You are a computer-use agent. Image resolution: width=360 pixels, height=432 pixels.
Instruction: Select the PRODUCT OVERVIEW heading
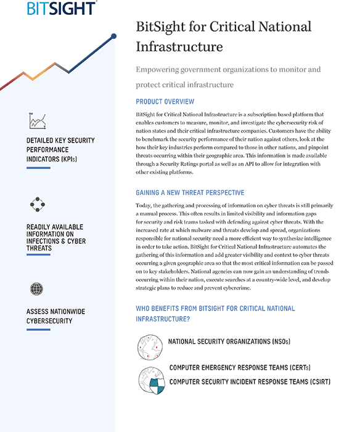click(165, 102)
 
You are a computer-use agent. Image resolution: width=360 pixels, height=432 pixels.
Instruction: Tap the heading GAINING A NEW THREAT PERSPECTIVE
click(190, 193)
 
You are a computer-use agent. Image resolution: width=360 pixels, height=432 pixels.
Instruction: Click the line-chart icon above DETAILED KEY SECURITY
click(38, 121)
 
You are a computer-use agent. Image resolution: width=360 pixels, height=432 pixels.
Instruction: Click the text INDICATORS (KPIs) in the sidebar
click(52, 159)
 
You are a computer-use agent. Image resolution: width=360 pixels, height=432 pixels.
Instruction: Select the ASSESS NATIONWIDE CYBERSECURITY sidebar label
click(60, 316)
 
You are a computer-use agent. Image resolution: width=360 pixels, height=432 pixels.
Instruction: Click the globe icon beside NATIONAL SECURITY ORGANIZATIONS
click(150, 347)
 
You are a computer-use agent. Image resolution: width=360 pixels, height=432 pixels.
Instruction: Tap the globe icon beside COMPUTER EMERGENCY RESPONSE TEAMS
click(151, 380)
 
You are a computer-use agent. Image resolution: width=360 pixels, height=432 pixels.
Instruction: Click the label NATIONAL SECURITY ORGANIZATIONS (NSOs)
click(229, 341)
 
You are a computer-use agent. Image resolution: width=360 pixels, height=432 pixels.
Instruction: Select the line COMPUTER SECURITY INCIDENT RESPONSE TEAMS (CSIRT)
click(250, 382)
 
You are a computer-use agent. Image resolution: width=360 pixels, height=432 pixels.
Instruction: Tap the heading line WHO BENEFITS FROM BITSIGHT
click(215, 308)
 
